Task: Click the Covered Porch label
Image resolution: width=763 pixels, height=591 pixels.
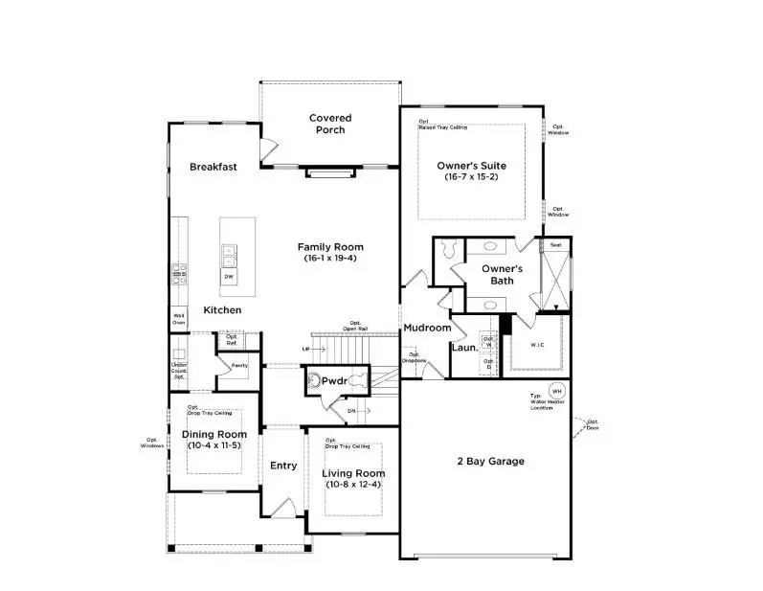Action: pos(329,124)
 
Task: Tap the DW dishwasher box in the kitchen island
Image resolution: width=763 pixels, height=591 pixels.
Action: pos(229,277)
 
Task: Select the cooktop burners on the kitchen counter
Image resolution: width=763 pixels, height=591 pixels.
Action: pos(178,274)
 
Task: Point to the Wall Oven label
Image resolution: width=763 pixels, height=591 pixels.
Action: pos(179,319)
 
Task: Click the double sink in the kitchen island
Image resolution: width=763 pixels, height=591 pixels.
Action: pos(229,256)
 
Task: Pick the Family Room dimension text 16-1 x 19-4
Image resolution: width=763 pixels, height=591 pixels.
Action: pos(329,259)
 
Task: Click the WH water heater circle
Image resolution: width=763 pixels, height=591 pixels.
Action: pos(555,391)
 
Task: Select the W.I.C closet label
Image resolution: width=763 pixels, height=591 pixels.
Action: pos(539,345)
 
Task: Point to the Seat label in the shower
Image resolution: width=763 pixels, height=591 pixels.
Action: pos(555,245)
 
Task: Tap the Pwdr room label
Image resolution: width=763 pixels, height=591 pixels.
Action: pos(333,380)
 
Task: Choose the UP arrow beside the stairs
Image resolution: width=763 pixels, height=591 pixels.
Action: pos(306,349)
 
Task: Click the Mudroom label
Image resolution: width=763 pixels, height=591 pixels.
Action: pos(426,328)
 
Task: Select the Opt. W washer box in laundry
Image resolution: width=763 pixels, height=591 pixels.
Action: pos(488,341)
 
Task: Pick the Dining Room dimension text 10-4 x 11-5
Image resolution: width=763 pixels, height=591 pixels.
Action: pos(213,446)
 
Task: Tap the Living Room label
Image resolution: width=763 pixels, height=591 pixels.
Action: pos(352,473)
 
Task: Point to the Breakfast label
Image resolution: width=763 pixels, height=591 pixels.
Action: pos(213,167)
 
